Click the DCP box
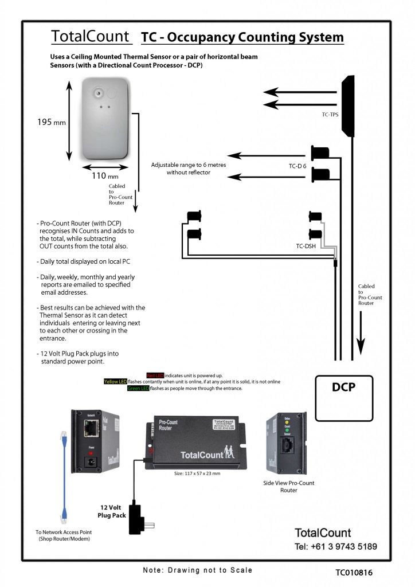click(344, 399)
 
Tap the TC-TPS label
click(330, 115)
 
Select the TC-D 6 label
click(297, 166)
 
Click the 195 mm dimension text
click(52, 123)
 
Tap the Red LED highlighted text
click(155, 375)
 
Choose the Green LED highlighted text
click(138, 389)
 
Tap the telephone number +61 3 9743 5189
click(336, 546)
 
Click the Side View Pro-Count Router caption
click(289, 487)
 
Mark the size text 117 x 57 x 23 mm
click(197, 473)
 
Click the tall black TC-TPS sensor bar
click(347, 106)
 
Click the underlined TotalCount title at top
click(91, 37)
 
